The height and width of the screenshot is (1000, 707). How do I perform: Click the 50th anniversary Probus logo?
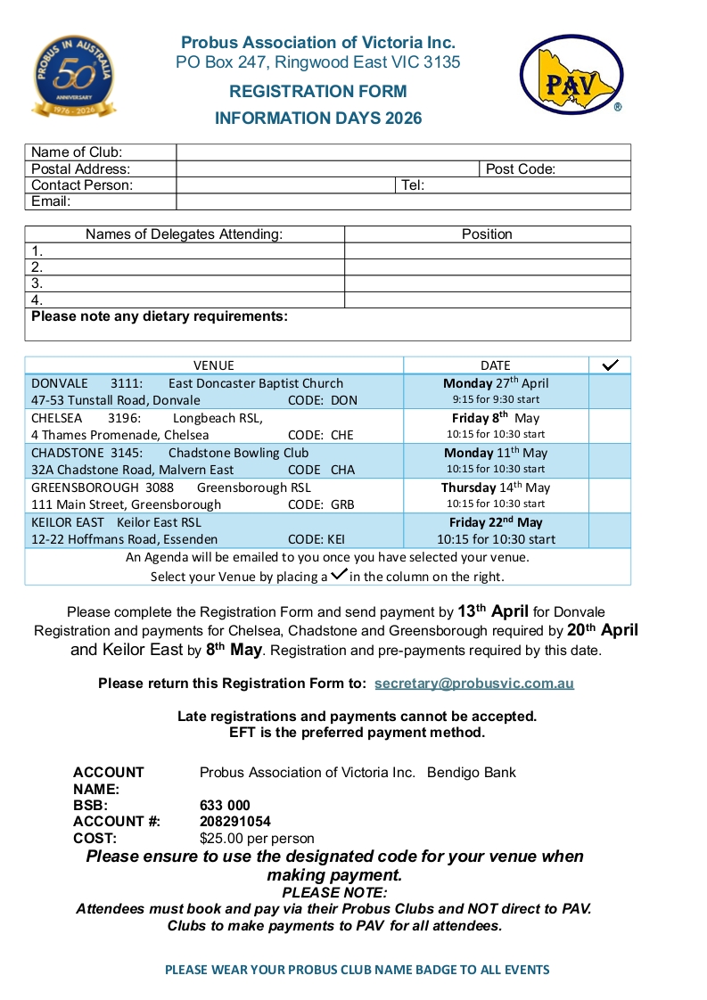(75, 78)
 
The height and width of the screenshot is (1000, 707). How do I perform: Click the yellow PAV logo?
(571, 75)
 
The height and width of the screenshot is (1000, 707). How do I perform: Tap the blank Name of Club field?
(403, 152)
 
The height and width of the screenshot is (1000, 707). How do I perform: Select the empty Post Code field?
(593, 169)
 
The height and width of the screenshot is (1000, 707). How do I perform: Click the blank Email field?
(403, 202)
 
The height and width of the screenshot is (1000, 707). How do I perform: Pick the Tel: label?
(413, 185)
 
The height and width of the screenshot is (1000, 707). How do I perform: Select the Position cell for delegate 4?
(487, 300)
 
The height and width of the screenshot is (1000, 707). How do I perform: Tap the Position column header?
(487, 234)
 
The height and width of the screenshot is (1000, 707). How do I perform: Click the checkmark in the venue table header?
(611, 365)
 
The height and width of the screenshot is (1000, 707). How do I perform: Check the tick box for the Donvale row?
(610, 391)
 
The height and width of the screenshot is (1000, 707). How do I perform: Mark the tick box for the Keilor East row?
(610, 530)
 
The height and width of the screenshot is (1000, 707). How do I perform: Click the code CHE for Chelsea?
(342, 435)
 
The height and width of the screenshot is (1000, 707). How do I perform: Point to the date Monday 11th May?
(496, 453)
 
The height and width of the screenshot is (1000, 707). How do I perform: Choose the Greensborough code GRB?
(343, 504)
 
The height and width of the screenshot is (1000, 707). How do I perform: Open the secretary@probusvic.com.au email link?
(474, 684)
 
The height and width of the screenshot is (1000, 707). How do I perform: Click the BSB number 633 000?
(225, 806)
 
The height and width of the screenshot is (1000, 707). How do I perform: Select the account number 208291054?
(235, 822)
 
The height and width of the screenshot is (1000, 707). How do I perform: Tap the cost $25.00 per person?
(257, 839)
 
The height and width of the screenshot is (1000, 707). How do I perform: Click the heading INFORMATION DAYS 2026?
(318, 119)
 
